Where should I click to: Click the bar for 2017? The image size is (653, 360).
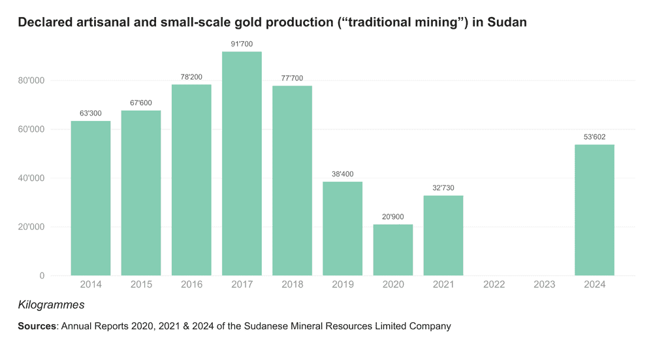pos(242,163)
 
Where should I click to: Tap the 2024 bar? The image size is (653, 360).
pos(594,210)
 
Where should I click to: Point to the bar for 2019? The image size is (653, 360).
pos(342,228)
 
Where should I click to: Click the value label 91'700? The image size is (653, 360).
pos(242,44)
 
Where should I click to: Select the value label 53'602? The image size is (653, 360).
pos(594,137)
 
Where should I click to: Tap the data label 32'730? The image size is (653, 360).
pos(443,188)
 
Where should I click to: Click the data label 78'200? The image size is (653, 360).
pos(191,77)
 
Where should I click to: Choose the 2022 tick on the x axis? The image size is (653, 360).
pos(494,284)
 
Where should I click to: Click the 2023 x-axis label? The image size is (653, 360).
pos(544,284)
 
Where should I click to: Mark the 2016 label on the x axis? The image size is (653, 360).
pos(191,284)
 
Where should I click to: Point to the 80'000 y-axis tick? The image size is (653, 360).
pos(31,80)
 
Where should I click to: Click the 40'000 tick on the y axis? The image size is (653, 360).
pos(31,178)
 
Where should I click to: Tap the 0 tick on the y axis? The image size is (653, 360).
pos(42,276)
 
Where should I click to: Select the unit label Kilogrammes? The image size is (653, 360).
pos(51,305)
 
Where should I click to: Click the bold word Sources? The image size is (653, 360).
pos(37,326)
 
